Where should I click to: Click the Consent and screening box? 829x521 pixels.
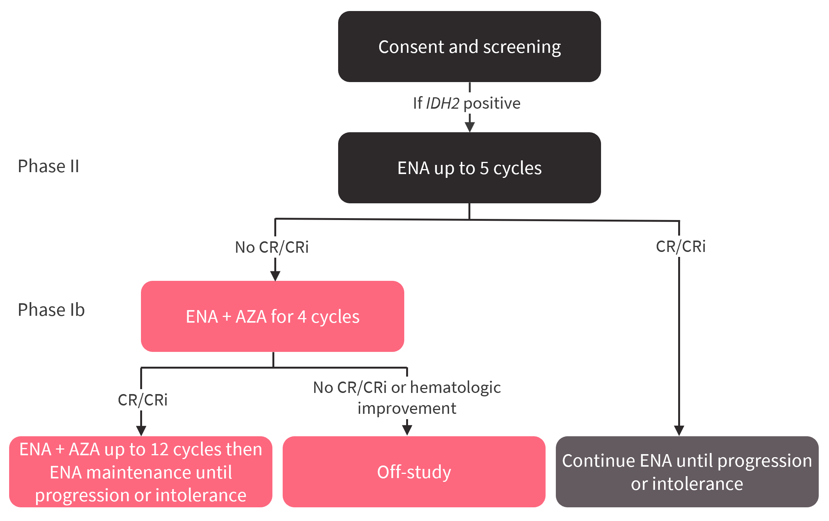469,46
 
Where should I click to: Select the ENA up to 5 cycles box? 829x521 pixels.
469,168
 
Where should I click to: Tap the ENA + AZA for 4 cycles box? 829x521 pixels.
272,316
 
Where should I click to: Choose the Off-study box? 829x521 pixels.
414,472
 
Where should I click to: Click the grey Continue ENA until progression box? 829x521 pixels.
687,472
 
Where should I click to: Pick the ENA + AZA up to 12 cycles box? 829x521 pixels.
141,472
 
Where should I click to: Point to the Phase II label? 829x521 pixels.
49,166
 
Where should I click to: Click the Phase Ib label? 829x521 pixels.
51,310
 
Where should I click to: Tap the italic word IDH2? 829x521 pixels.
443,103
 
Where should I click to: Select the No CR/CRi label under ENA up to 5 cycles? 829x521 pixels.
272,247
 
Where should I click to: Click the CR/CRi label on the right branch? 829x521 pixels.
681,247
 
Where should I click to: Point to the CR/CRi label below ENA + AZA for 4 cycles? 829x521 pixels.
142,400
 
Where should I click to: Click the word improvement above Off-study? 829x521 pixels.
407,409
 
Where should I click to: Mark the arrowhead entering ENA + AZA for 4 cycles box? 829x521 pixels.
275,276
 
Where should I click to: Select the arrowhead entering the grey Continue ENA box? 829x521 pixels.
679,431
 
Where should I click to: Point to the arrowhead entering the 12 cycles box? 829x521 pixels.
141,431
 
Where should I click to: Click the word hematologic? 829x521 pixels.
456,388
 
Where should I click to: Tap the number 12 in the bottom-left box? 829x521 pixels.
159,450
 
